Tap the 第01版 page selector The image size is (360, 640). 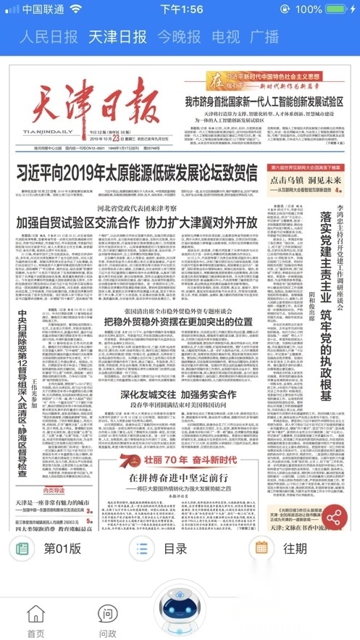[49, 569]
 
